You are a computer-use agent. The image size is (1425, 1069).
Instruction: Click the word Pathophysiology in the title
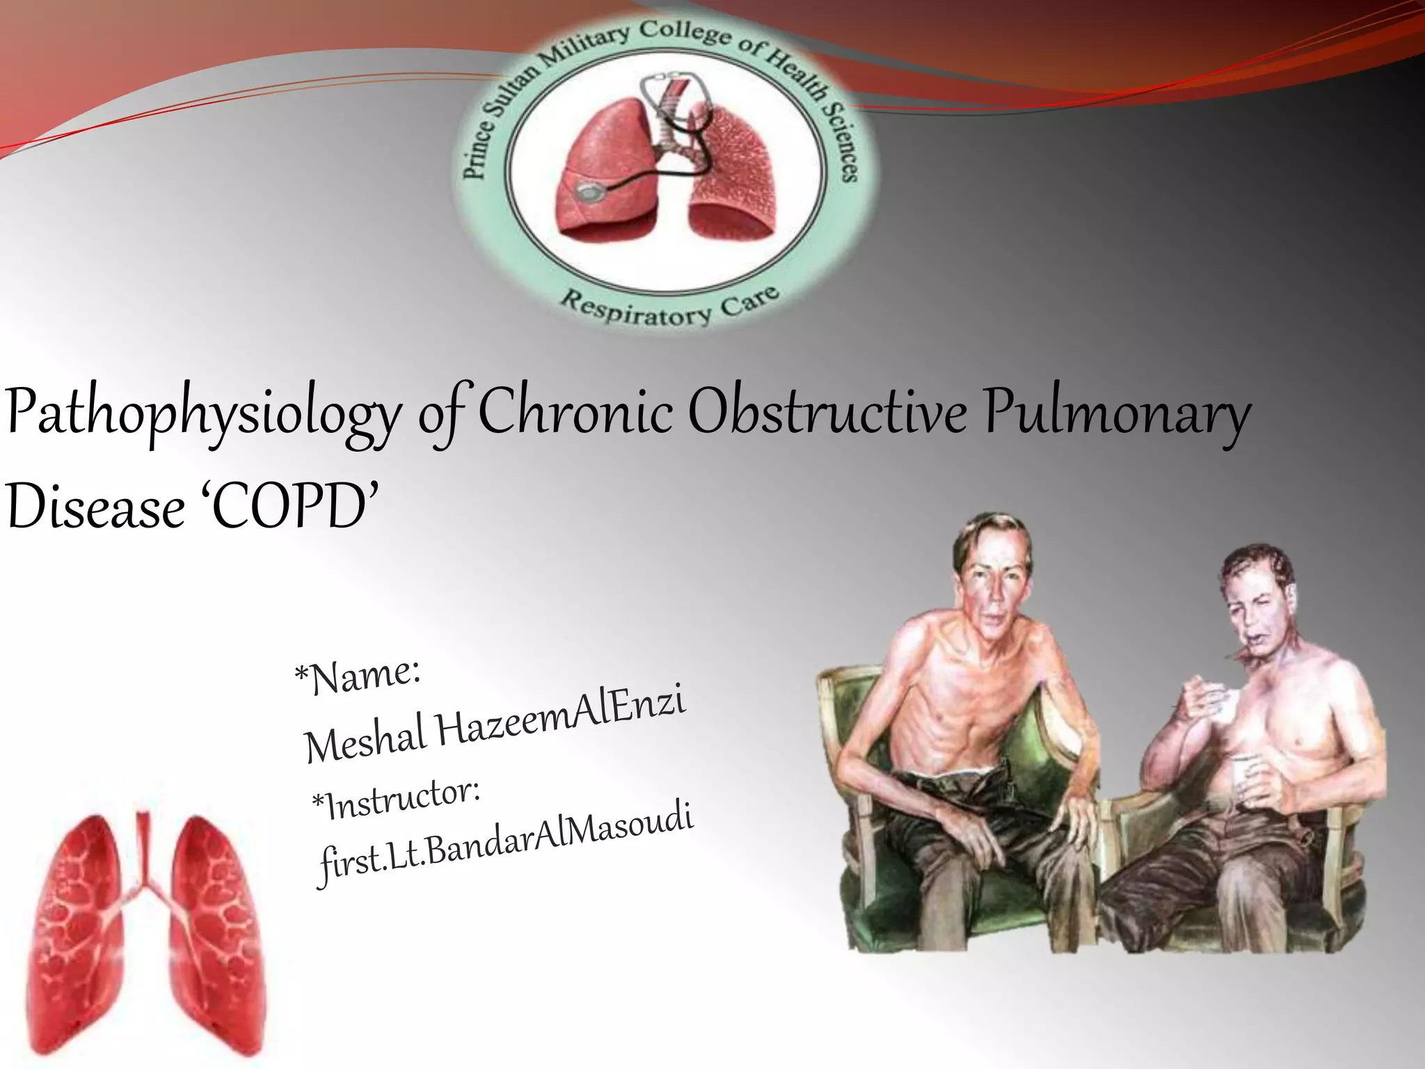tap(202, 415)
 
